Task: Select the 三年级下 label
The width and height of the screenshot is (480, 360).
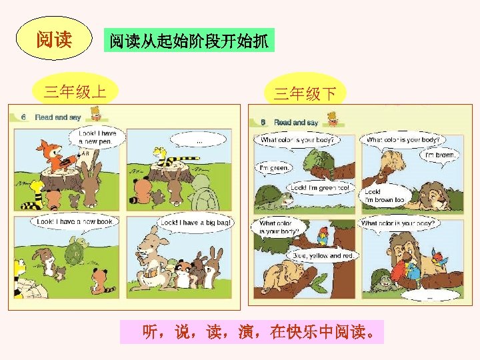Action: [x=305, y=93]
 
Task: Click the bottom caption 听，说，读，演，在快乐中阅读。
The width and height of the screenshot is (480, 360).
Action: [x=253, y=331]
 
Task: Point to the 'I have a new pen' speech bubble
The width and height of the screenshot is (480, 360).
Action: [x=97, y=137]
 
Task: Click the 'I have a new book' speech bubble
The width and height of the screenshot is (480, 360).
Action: [x=75, y=221]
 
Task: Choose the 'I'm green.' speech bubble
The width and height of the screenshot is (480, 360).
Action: [x=274, y=167]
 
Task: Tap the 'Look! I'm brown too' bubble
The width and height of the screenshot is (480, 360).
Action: [x=384, y=195]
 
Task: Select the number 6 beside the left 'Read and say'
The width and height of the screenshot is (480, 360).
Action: [x=23, y=117]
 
